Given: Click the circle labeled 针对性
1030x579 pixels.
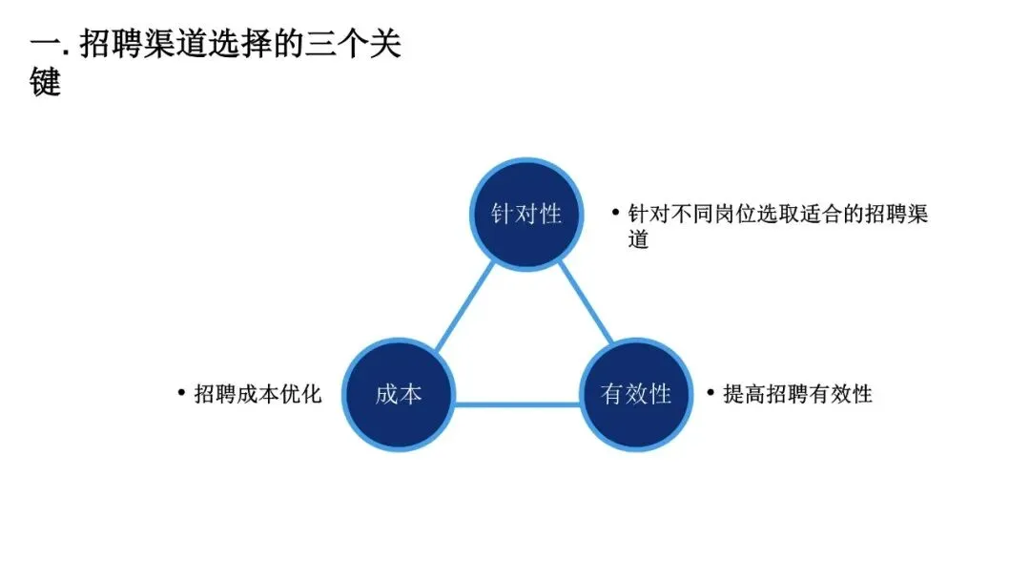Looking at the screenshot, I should click(x=526, y=214).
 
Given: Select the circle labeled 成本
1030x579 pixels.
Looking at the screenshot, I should click(x=399, y=394).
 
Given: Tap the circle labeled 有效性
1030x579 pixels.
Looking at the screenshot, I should click(x=636, y=394).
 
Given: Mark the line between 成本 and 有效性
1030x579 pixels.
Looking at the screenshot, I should click(x=518, y=404).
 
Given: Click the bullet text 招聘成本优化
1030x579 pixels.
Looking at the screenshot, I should click(x=258, y=394).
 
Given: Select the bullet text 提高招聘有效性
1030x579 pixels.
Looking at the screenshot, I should click(x=797, y=394).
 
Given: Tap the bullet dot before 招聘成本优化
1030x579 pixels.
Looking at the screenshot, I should click(x=181, y=392).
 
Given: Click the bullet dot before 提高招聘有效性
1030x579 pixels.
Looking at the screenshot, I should click(x=711, y=392).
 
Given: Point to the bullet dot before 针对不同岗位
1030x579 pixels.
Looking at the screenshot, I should click(x=615, y=212).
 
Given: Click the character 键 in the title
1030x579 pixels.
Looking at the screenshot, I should click(x=45, y=82).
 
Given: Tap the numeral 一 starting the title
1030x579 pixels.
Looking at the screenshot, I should click(x=43, y=45).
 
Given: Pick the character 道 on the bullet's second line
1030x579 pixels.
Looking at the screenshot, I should click(x=638, y=239).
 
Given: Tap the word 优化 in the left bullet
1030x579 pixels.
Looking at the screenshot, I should click(x=301, y=394).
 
